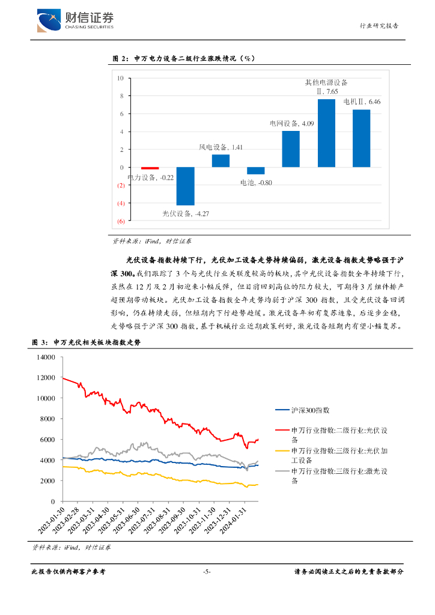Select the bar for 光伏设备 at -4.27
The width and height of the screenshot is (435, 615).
[x=185, y=186]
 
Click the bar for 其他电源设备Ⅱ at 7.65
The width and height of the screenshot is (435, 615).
[x=326, y=133]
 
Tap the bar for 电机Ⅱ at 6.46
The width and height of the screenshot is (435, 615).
[x=361, y=139]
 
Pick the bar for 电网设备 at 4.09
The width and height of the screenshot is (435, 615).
[x=291, y=149]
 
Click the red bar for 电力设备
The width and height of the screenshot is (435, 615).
[x=150, y=169]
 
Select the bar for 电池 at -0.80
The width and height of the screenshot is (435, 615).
[x=255, y=171]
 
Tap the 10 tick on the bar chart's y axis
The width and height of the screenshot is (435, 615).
[x=121, y=78]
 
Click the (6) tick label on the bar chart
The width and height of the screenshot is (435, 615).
[x=121, y=222]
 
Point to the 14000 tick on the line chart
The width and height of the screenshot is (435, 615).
[x=46, y=357]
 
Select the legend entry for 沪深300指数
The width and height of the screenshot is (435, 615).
[x=310, y=410]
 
